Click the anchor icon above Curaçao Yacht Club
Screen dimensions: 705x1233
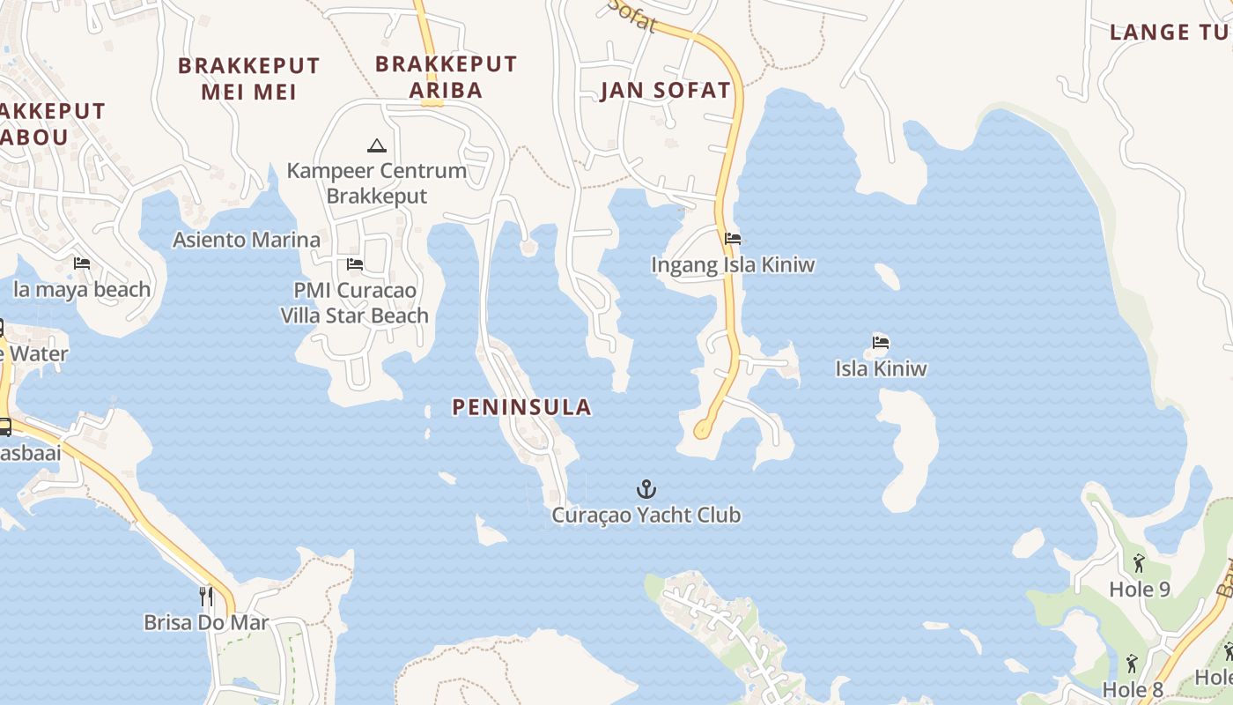pyautogui.click(x=646, y=489)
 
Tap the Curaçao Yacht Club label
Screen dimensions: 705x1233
pyautogui.click(x=646, y=516)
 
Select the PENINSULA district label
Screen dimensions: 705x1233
pyautogui.click(x=521, y=407)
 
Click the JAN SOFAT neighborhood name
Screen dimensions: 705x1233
pyautogui.click(x=666, y=91)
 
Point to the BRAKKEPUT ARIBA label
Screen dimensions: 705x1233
pyautogui.click(x=446, y=78)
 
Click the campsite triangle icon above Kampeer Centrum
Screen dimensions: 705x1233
pyautogui.click(x=377, y=145)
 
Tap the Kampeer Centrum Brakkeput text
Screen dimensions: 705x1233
pyautogui.click(x=377, y=183)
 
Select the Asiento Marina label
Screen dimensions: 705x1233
pyautogui.click(x=247, y=240)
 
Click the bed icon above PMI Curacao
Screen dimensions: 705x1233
pyautogui.click(x=355, y=263)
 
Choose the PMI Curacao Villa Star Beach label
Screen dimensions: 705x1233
pyautogui.click(x=355, y=303)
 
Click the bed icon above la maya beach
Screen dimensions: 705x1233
pyautogui.click(x=82, y=263)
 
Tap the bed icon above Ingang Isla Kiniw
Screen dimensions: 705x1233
pyautogui.click(x=733, y=239)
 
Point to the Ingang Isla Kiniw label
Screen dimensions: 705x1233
pyautogui.click(x=733, y=265)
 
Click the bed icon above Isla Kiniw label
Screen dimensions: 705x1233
pyautogui.click(x=881, y=342)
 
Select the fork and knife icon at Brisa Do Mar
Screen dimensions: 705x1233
pyautogui.click(x=206, y=597)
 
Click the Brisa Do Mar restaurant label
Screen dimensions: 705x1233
pyautogui.click(x=206, y=623)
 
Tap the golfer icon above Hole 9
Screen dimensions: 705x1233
pyautogui.click(x=1139, y=562)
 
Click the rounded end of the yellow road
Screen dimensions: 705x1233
pyautogui.click(x=703, y=431)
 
